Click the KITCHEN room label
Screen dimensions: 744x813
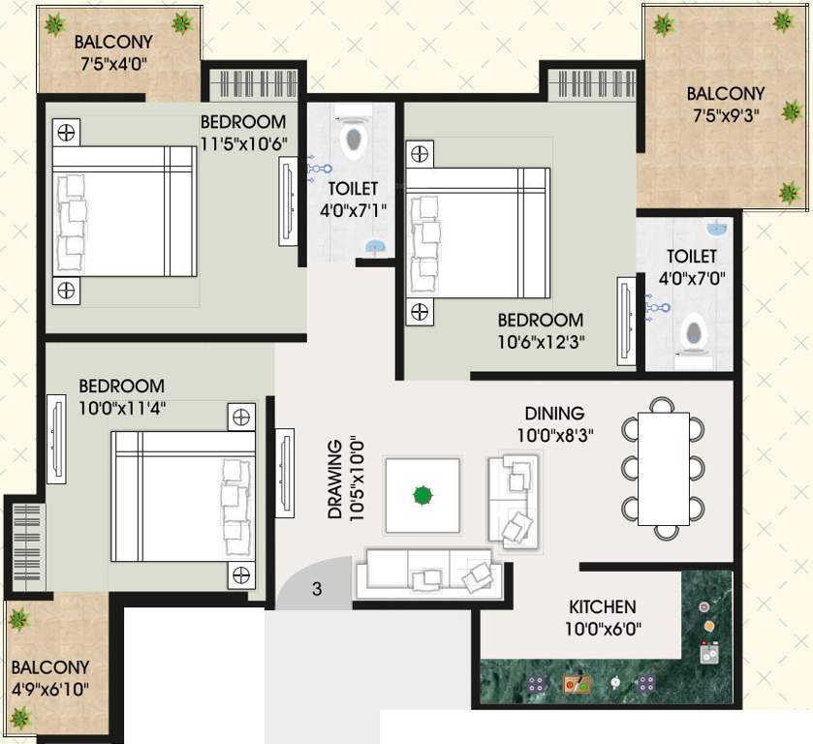(x=602, y=607)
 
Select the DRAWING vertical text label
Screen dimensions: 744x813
(x=334, y=480)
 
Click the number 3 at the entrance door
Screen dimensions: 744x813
(x=316, y=588)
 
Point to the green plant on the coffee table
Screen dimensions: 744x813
(x=422, y=496)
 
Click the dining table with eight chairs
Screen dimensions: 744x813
(x=663, y=468)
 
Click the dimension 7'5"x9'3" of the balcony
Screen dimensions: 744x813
(x=725, y=113)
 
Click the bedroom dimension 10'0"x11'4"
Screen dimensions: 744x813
(x=122, y=407)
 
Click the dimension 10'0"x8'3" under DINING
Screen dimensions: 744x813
(x=554, y=435)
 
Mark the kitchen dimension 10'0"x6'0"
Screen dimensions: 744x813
(x=602, y=629)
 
